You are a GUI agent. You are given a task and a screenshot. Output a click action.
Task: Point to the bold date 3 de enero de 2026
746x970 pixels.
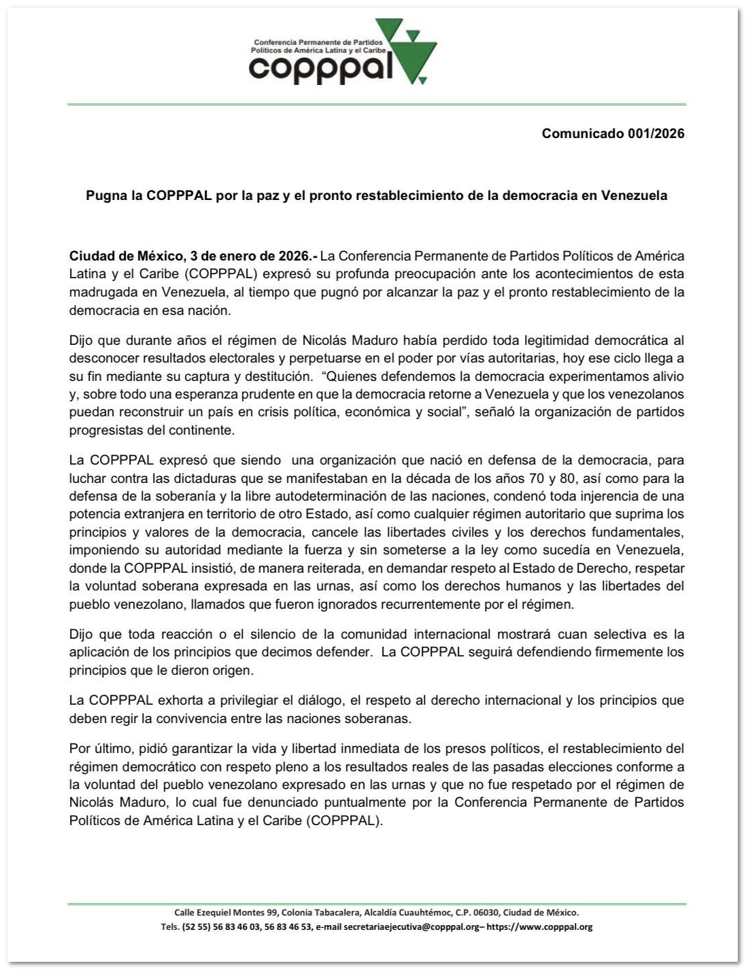pyautogui.click(x=242, y=256)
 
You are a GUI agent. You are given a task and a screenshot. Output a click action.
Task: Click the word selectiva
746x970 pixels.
pyautogui.click(x=620, y=634)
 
